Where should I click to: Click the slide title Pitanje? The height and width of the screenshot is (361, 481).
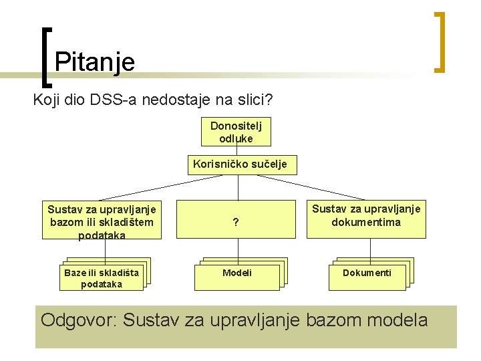(x=95, y=62)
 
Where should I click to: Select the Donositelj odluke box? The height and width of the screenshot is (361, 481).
(x=236, y=132)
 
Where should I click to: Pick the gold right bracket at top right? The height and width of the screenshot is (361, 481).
(x=440, y=41)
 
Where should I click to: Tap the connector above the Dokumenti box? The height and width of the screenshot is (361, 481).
(x=369, y=248)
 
